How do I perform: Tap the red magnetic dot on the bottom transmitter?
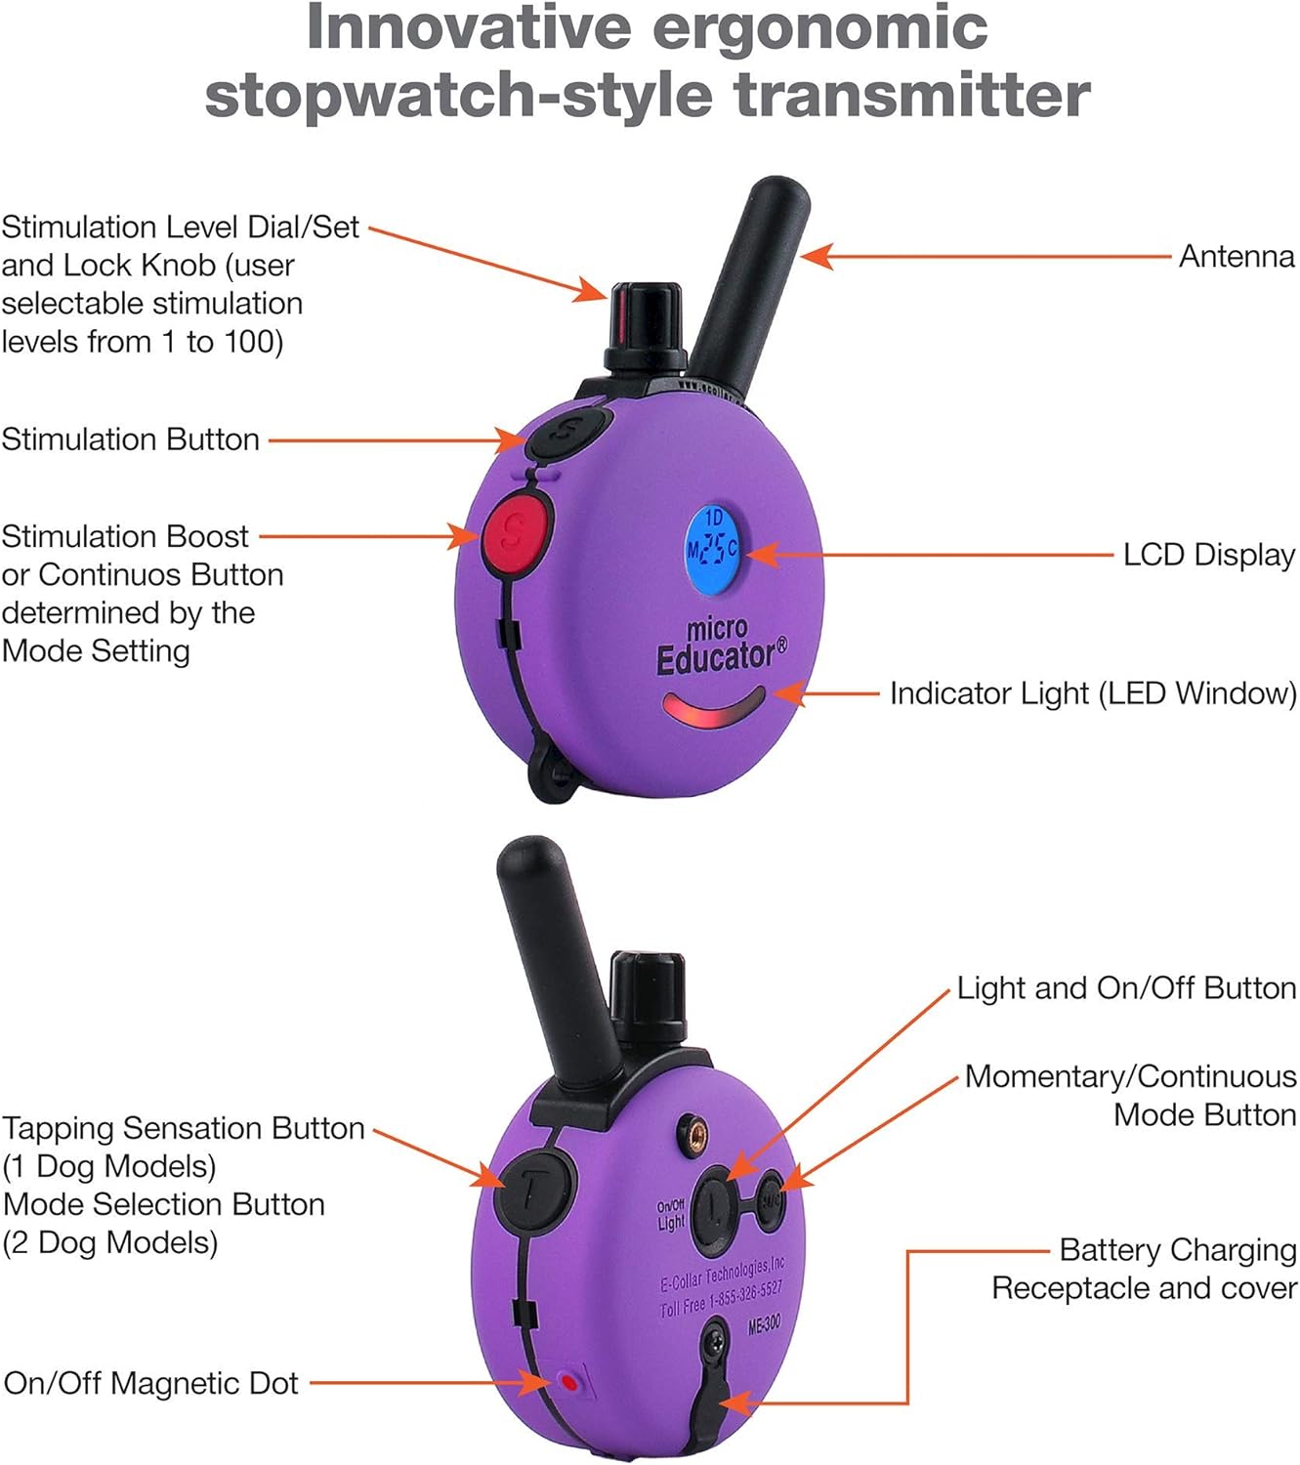569,1383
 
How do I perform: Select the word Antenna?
1237,257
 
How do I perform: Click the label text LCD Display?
1209,556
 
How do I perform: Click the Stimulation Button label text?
130,439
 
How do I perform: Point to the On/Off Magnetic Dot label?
150,1383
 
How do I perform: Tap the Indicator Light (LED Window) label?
1093,693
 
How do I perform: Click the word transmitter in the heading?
912,95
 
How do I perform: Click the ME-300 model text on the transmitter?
764,1324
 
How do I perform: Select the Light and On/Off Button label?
1126,988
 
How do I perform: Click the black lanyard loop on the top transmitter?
551,774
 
